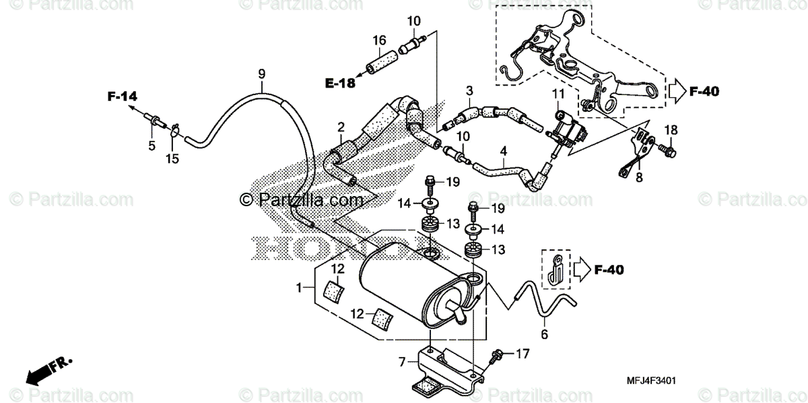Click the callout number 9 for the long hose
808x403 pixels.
click(262, 73)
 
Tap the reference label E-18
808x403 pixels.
click(339, 84)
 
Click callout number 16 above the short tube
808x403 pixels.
click(378, 40)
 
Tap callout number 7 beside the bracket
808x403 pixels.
click(402, 362)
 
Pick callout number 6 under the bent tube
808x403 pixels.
click(544, 333)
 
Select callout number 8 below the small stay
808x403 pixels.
click(638, 178)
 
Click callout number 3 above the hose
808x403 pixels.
click(469, 90)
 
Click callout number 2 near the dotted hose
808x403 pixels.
click(341, 127)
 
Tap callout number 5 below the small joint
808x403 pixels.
click(151, 145)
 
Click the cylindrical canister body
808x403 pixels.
click(411, 283)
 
